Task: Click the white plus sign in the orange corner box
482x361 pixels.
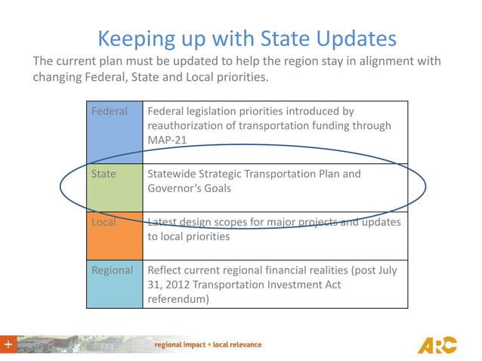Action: point(8,344)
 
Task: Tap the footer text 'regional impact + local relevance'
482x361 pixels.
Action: point(209,345)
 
